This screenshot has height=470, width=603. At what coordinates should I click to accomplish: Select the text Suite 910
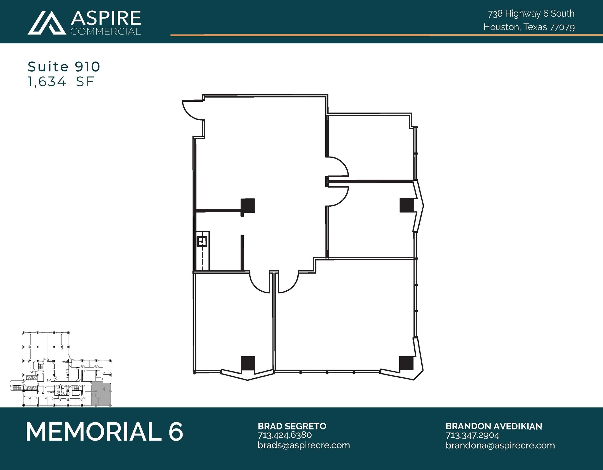64,67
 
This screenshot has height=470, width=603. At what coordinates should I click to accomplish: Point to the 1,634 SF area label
61,81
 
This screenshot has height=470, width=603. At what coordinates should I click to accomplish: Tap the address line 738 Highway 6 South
531,14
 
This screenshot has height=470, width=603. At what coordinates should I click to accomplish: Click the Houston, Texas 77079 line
529,27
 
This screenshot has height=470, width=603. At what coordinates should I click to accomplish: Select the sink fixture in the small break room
202,242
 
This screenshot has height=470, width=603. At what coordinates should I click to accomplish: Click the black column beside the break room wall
248,206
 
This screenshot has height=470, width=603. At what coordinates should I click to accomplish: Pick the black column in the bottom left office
248,363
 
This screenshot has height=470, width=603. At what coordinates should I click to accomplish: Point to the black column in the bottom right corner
406,363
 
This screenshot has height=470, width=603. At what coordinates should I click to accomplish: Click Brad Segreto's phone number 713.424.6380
284,435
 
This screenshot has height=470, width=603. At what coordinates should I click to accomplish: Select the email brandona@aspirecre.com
500,445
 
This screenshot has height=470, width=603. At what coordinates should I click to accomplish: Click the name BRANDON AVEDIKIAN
493,426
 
